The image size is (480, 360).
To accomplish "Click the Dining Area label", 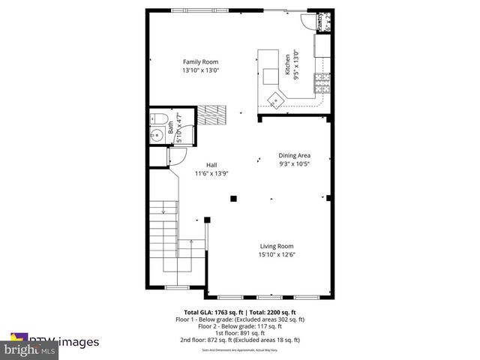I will [x=294, y=155].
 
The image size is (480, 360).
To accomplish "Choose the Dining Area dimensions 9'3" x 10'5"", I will [x=294, y=163].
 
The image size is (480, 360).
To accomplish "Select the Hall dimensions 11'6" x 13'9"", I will [x=212, y=173].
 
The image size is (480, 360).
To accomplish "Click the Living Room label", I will [x=277, y=246].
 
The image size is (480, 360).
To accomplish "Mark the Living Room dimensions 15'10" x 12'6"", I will [x=277, y=254].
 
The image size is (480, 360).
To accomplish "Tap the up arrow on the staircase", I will [x=192, y=242].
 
